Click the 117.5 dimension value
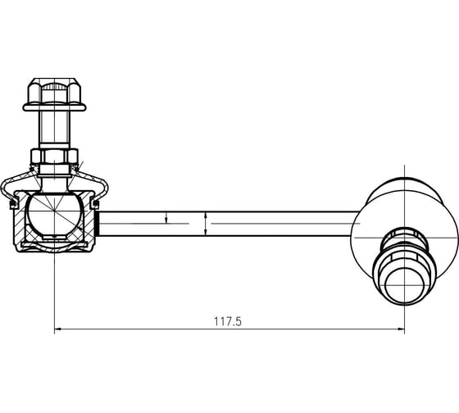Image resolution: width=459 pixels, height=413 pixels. coord(228,321)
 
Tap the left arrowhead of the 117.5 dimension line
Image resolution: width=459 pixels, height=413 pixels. coord(57,329)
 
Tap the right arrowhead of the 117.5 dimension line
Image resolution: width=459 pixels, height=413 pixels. coord(401,329)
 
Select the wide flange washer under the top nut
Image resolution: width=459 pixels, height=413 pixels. coord(54,107)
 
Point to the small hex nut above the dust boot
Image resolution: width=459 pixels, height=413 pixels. coord(54,157)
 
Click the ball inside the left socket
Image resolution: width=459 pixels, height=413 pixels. coord(54,213)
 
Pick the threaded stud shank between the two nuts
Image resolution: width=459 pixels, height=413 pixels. coord(54,128)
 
